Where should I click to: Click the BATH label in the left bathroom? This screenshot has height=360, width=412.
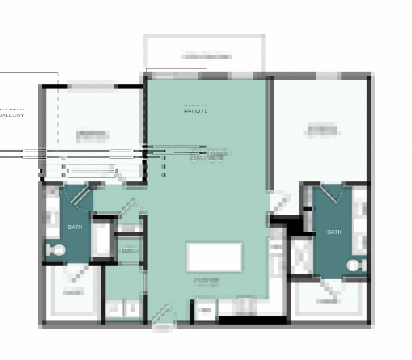pyautogui.click(x=75, y=227)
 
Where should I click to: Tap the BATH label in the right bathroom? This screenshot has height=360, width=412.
pyautogui.click(x=334, y=232)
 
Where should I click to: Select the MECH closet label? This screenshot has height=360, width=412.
pyautogui.click(x=129, y=250)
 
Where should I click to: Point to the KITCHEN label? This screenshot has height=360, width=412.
pyautogui.click(x=207, y=282)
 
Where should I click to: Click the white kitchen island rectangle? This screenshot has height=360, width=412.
pyautogui.click(x=214, y=257)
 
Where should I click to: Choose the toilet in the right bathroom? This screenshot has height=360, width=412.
pyautogui.click(x=357, y=265)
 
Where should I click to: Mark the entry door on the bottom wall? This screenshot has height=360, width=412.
pyautogui.click(x=162, y=318)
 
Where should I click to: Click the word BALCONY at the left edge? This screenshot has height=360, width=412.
pyautogui.click(x=12, y=115)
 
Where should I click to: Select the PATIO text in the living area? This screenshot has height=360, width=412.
pyautogui.click(x=195, y=111)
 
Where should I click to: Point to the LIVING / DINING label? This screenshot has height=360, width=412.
pyautogui.click(x=208, y=153)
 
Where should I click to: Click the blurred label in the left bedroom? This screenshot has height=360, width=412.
pyautogui.click(x=92, y=135)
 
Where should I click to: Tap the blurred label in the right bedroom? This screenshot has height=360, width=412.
pyautogui.click(x=321, y=130)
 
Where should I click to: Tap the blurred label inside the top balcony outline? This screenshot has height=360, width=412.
pyautogui.click(x=206, y=56)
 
